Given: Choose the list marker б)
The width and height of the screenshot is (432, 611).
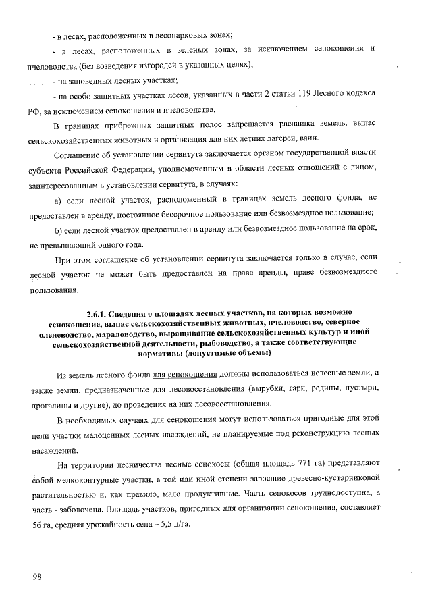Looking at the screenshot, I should coord(57,231).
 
